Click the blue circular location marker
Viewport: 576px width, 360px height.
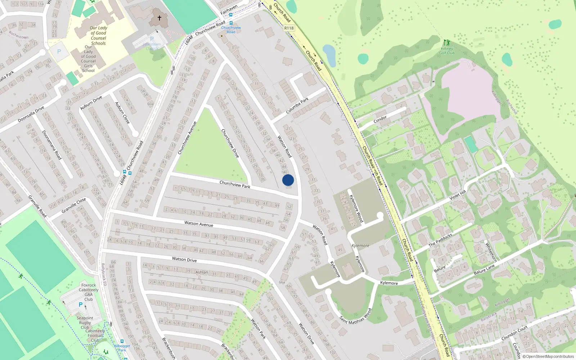[288, 180]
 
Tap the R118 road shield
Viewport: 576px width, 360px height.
[289, 28]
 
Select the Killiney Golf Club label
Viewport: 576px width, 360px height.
[447, 51]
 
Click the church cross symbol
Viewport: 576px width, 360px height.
[159, 18]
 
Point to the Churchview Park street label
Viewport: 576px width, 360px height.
[235, 184]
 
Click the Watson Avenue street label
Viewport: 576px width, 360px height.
[199, 224]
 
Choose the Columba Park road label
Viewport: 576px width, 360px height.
[297, 105]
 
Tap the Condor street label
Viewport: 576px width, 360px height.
[380, 119]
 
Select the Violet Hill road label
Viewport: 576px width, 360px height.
[458, 195]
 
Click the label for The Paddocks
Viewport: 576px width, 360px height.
[440, 240]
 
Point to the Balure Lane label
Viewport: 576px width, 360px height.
[484, 269]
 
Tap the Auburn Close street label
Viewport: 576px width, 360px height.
[122, 113]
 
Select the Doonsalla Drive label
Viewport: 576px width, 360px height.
[31, 114]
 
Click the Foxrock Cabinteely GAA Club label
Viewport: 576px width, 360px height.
[89, 292]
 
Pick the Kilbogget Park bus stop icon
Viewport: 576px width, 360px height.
[122, 341]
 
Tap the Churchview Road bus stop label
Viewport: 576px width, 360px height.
[231, 30]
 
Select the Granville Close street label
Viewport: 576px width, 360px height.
[74, 205]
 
